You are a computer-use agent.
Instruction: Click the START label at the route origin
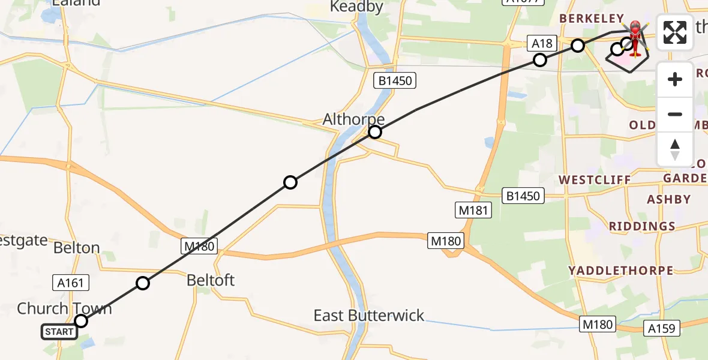point(59,332)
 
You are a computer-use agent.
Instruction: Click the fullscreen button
point(675,32)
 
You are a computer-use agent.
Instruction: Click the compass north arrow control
point(675,149)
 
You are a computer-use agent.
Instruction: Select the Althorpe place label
point(353,119)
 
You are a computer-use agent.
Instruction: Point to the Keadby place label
point(357,7)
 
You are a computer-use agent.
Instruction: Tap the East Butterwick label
point(369,316)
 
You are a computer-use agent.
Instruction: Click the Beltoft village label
point(211,280)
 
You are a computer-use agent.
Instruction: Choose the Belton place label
point(76,248)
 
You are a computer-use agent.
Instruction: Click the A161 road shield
point(71,282)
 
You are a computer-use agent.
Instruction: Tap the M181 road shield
point(473,210)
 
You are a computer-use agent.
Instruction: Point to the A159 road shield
point(662,328)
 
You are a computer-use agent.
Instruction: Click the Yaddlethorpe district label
point(621,271)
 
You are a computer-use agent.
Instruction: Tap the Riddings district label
point(642,227)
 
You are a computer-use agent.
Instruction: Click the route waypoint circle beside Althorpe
point(375,132)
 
